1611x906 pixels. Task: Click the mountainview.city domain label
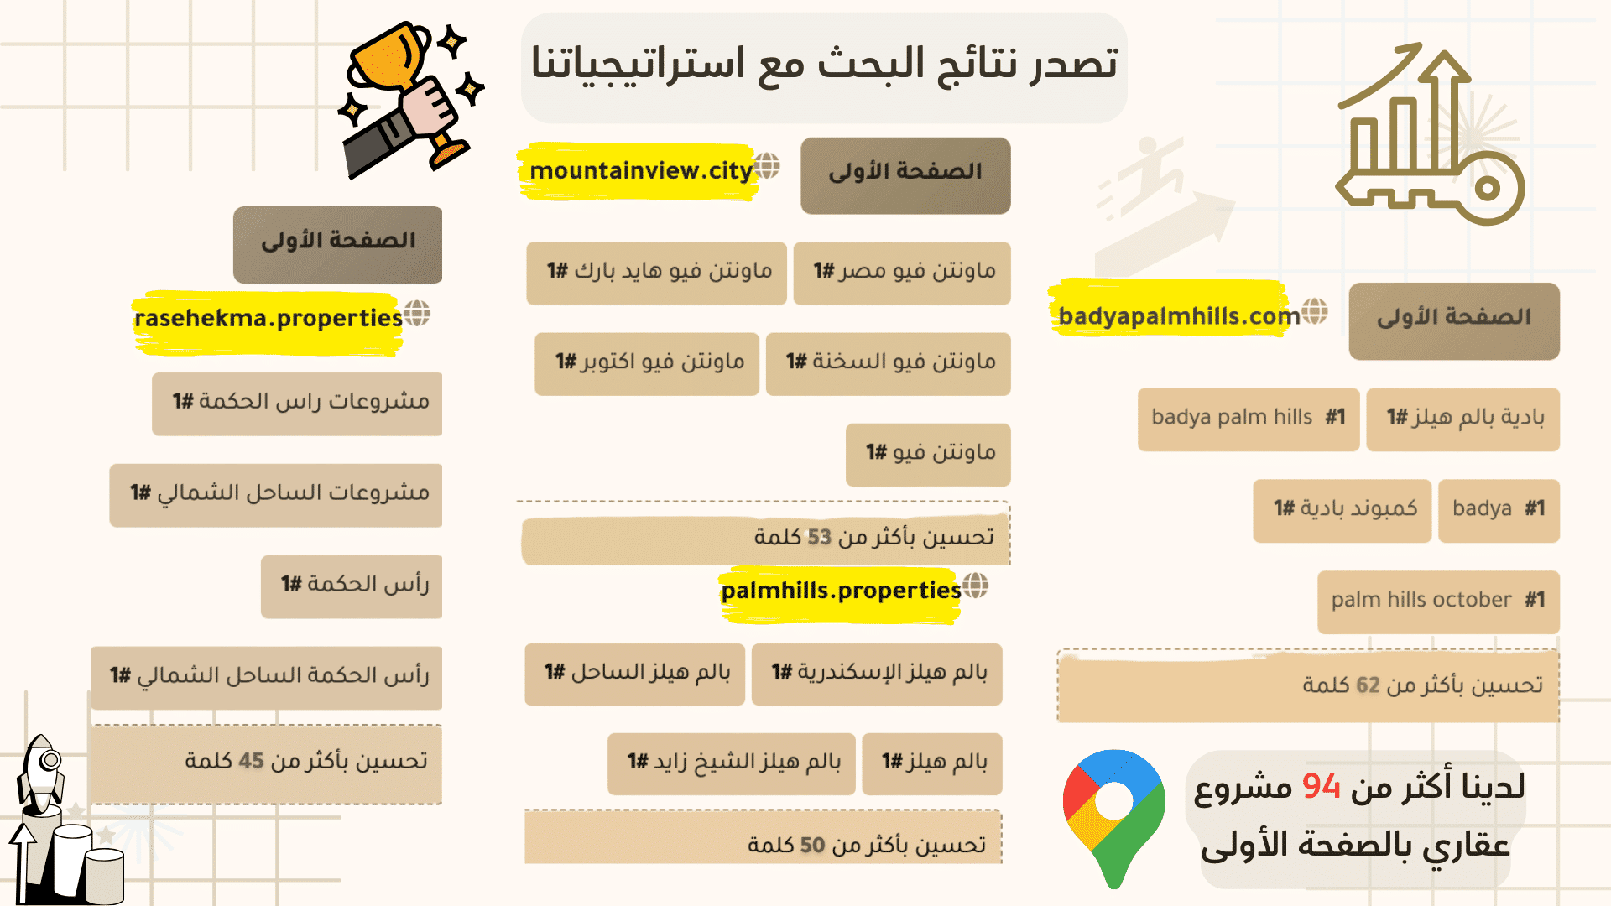(641, 171)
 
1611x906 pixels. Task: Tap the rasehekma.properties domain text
(268, 319)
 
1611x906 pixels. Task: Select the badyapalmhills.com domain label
(1178, 316)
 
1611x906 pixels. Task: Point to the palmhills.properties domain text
(841, 591)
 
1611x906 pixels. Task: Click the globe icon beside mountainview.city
(767, 165)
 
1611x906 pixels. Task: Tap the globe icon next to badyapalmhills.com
(1315, 311)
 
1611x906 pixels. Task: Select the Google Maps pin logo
(1113, 814)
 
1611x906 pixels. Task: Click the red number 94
(1322, 787)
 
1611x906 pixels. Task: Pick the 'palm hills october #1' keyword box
(1438, 601)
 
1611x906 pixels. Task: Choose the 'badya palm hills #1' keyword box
(1248, 418)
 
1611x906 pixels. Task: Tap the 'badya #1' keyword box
(1499, 509)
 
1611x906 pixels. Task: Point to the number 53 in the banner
(819, 537)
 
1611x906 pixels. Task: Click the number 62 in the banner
(1368, 685)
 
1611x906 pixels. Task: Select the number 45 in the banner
(251, 761)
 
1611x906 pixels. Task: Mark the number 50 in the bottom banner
(812, 845)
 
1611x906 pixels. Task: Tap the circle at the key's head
(1487, 188)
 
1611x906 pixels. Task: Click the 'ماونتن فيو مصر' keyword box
(902, 272)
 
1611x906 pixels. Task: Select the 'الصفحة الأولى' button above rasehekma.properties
(337, 242)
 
